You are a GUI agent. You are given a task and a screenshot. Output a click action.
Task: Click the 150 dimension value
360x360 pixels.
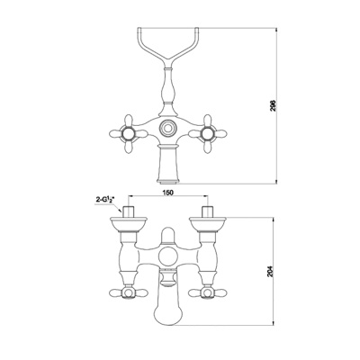(168, 193)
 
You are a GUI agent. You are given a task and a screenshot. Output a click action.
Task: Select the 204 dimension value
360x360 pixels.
(272, 272)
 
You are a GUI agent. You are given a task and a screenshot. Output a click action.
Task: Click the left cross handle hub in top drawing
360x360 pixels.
(129, 133)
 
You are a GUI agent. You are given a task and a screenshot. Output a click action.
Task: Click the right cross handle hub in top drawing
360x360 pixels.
(207, 133)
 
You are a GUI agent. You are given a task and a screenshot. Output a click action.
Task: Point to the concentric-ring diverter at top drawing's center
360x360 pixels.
(168, 128)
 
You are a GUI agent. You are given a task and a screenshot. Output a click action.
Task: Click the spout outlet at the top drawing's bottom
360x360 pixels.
(168, 181)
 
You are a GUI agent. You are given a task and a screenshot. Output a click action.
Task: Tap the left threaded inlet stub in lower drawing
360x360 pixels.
(129, 211)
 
